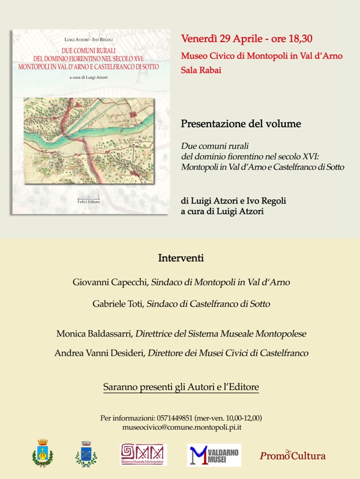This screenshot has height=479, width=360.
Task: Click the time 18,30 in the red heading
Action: [297, 39]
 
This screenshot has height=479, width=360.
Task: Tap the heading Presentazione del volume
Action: [241, 124]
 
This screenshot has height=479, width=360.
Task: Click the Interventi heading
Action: [181, 259]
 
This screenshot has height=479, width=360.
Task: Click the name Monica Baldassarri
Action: [94, 333]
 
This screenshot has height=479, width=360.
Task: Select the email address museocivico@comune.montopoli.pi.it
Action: [181, 427]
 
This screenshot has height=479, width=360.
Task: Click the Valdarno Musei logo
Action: [214, 454]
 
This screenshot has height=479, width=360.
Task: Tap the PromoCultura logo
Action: [293, 455]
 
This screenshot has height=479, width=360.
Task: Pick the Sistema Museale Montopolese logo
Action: [143, 454]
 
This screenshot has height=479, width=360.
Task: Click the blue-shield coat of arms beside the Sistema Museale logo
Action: [86, 454]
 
